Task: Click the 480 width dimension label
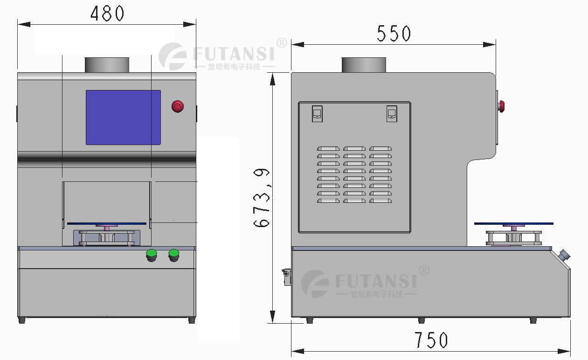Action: click(x=107, y=14)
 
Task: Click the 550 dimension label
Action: click(x=394, y=34)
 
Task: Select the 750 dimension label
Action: click(x=431, y=340)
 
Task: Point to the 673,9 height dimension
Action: click(x=262, y=197)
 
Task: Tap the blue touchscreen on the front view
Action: click(x=123, y=118)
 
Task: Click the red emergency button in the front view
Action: click(x=178, y=106)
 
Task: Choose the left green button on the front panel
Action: click(x=152, y=256)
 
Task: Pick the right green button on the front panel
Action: click(x=174, y=256)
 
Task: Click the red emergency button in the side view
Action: click(x=501, y=106)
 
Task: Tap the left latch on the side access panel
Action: click(x=317, y=114)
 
